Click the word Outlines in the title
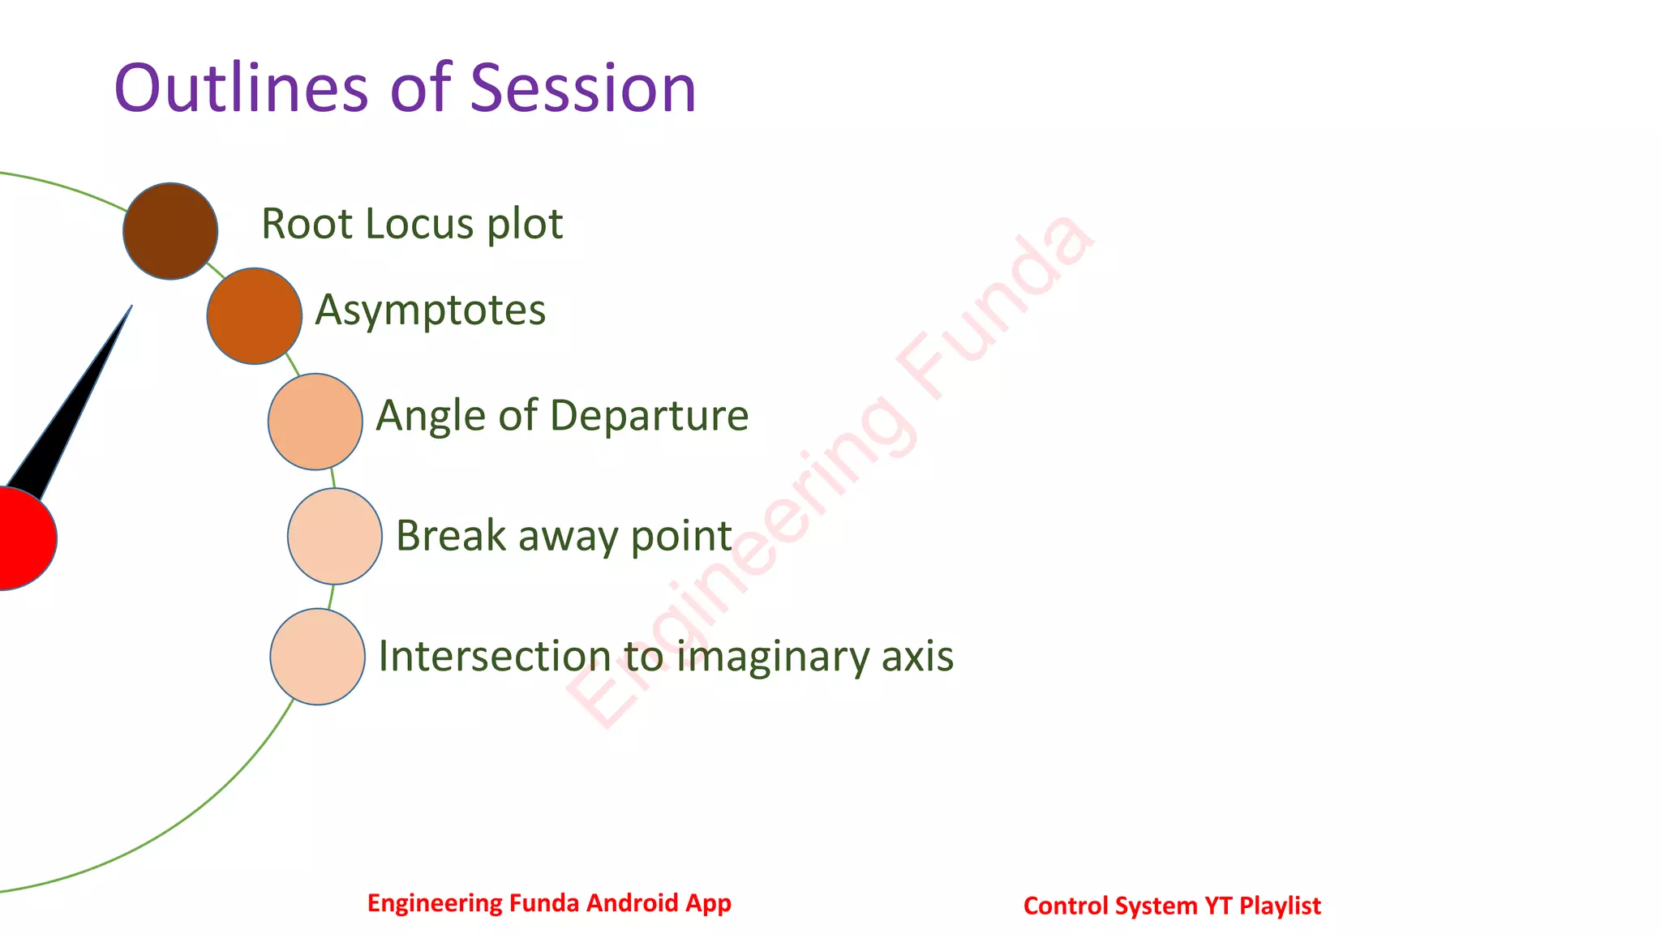point(241,88)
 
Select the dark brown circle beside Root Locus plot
point(170,231)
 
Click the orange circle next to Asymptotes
point(255,316)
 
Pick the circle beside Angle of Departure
point(315,422)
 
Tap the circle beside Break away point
point(335,536)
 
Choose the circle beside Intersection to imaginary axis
point(318,657)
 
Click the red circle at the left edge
point(20,538)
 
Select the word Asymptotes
point(431,311)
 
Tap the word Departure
point(649,416)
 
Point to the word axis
point(917,657)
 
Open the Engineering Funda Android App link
point(549,903)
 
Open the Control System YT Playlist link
point(1172,906)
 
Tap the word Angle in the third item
point(431,417)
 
